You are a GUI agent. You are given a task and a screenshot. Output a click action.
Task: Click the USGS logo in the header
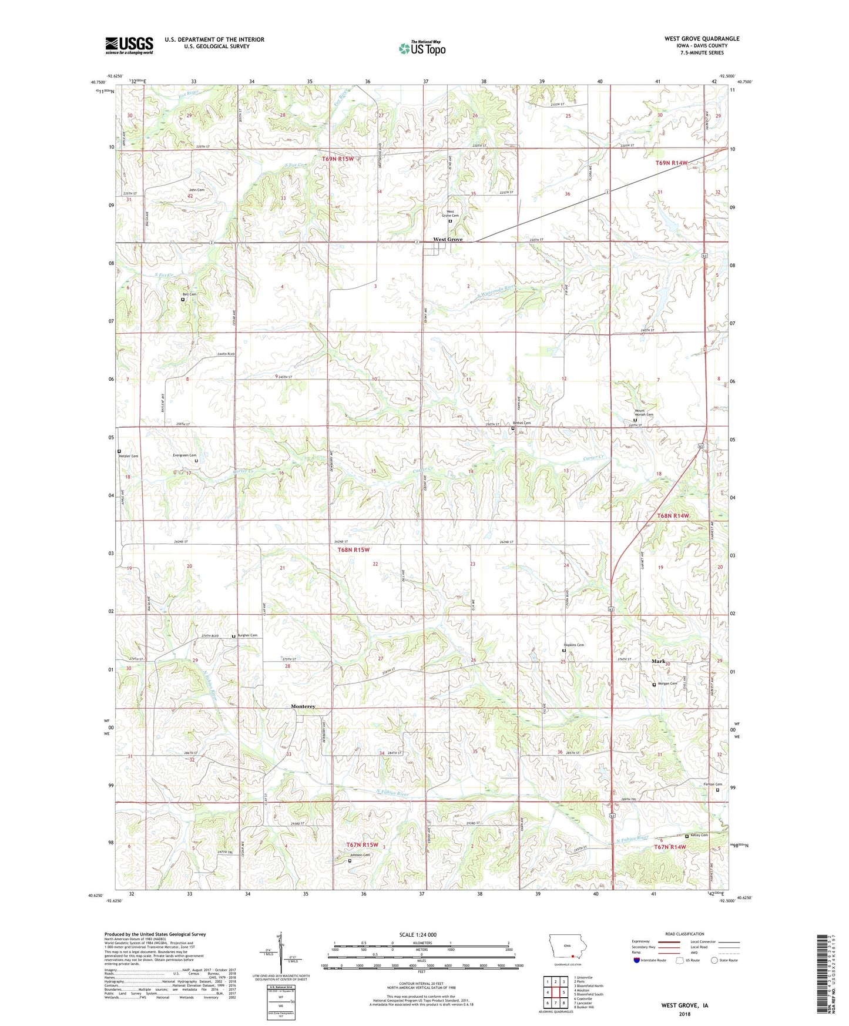(x=129, y=45)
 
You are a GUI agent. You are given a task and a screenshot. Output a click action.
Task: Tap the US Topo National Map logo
(x=421, y=48)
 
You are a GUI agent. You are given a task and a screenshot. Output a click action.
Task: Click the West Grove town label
(x=448, y=239)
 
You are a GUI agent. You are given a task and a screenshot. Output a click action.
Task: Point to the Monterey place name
(x=303, y=706)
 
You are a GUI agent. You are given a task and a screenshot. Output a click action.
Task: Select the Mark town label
(x=658, y=661)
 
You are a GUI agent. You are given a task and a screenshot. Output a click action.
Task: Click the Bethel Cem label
(x=522, y=423)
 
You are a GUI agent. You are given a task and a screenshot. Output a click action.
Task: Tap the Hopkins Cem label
(x=574, y=645)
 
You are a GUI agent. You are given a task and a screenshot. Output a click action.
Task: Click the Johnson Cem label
(x=360, y=855)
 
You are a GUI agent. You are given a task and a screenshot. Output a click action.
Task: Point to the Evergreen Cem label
(x=184, y=455)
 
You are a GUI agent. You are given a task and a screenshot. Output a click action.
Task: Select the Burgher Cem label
(x=247, y=635)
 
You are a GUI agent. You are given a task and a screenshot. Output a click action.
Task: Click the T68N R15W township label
(x=354, y=549)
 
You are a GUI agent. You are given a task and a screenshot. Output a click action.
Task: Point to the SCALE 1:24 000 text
(x=417, y=934)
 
